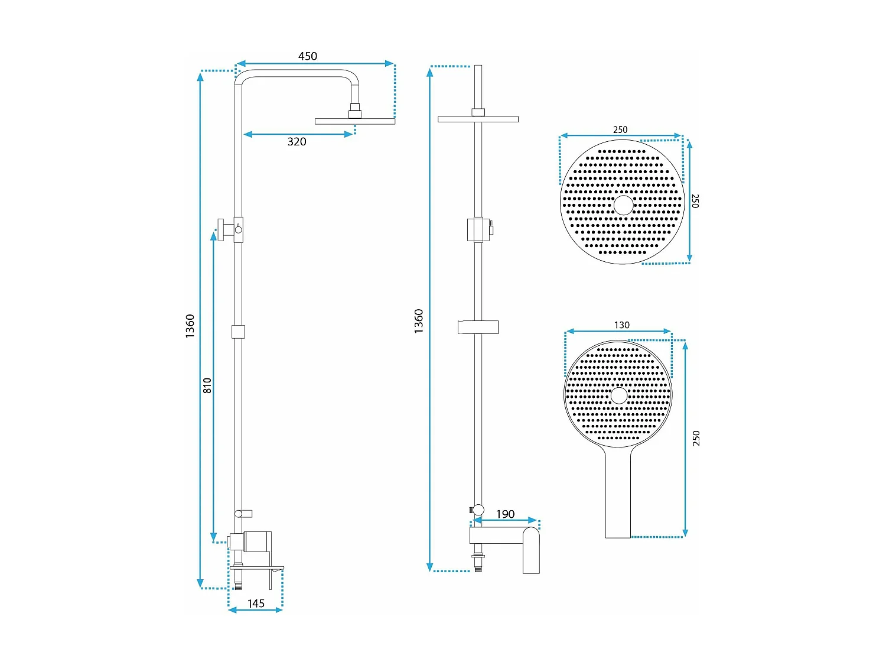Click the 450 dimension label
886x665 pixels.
tap(307, 56)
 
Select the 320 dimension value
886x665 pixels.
tap(297, 141)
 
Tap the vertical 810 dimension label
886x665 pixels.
tap(207, 385)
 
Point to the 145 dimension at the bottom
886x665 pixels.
tap(256, 604)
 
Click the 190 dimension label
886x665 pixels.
tap(505, 514)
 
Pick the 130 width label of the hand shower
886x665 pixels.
tap(621, 325)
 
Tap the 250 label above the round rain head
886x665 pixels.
tap(620, 129)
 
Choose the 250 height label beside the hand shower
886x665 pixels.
tap(696, 438)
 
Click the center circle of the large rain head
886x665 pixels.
tap(623, 205)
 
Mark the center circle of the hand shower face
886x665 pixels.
tap(619, 395)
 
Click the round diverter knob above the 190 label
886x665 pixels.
tap(478, 510)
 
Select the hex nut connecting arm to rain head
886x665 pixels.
tap(354, 111)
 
